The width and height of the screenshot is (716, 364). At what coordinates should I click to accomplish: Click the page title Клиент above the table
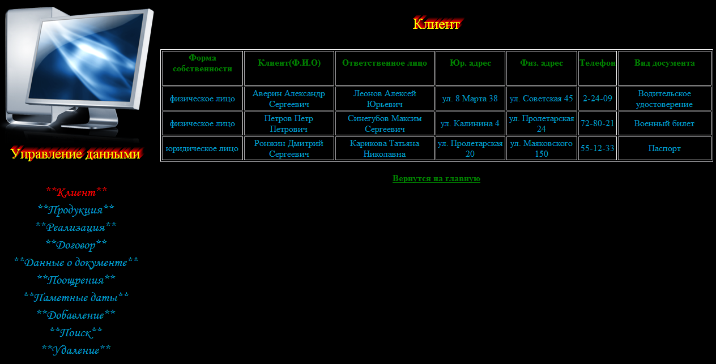coord(436,24)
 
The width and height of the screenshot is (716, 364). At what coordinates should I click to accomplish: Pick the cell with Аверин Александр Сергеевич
coord(289,99)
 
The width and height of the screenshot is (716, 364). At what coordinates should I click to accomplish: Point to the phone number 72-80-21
coord(598,123)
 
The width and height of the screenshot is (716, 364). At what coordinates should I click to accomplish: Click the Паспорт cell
coord(664,148)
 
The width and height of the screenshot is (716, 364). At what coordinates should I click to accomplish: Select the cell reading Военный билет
coord(664,123)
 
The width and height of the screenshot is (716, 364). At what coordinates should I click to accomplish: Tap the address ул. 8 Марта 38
coord(470,99)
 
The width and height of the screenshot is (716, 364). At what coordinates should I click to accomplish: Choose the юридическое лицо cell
coord(202,148)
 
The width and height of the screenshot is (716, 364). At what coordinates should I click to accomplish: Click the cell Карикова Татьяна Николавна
coord(385,149)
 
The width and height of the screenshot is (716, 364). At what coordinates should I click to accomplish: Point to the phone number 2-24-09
coord(598,99)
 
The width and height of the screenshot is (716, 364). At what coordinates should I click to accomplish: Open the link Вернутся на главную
coord(436,178)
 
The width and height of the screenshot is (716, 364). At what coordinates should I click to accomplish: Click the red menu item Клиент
coord(76,192)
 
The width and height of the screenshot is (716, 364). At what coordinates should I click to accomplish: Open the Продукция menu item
coord(76,209)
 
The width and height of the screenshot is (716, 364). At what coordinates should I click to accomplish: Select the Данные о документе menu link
coord(76,262)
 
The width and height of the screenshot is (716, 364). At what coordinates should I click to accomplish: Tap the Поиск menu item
coord(76,333)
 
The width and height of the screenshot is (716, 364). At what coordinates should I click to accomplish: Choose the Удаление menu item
coord(76,350)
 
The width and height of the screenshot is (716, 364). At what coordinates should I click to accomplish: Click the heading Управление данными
coord(75,154)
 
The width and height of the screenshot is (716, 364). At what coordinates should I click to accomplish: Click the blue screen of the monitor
coord(86,58)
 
